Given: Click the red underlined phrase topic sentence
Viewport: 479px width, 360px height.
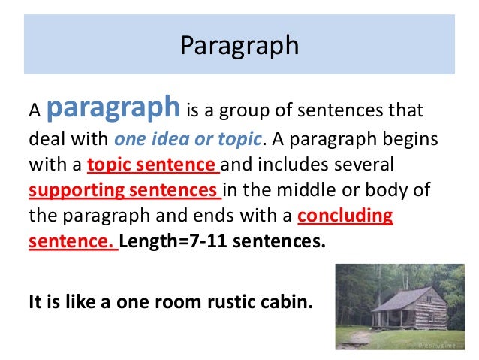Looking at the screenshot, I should tap(152, 165).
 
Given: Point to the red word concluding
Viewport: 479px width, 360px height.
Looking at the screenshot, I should tap(345, 216).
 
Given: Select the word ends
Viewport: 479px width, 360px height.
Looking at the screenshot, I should tap(203, 216).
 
